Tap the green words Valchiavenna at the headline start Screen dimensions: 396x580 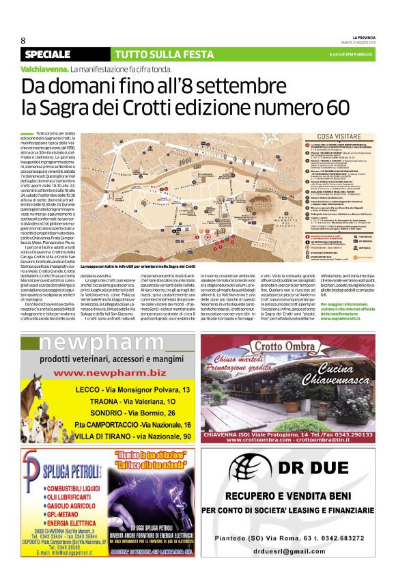pyautogui.click(x=44, y=70)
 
